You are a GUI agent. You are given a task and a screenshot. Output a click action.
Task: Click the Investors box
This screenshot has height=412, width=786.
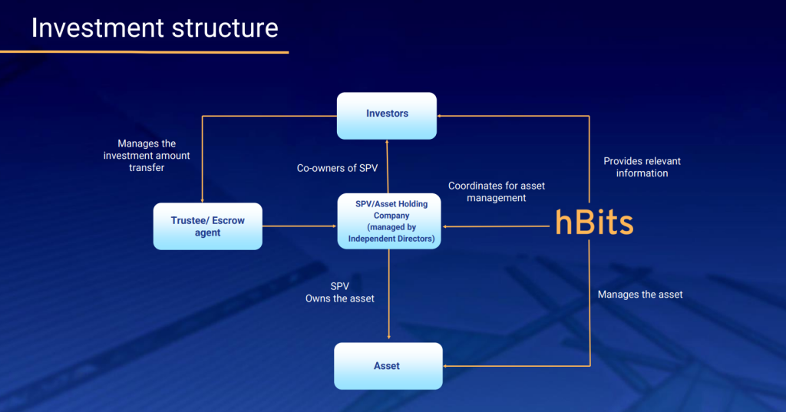coord(387,114)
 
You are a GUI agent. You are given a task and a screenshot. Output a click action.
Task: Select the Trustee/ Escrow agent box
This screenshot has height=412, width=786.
coord(207,226)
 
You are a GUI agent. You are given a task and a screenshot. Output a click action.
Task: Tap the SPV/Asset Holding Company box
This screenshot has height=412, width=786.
coord(390,222)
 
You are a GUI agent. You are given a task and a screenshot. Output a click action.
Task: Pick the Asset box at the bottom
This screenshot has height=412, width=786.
coord(388,366)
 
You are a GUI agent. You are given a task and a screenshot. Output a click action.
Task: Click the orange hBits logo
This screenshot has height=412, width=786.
coord(594,222)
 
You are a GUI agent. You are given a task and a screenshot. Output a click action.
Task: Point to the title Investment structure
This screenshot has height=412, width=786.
coord(154,28)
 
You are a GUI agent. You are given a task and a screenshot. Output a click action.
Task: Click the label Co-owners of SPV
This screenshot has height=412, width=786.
coord(337,168)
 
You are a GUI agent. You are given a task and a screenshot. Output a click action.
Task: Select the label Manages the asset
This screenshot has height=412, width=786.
coord(639,295)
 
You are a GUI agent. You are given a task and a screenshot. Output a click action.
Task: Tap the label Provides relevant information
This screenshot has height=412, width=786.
coord(642,167)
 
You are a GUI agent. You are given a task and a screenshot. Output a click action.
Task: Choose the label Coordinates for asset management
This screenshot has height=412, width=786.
coord(497,192)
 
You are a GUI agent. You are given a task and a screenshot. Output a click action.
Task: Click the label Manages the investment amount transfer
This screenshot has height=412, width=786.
coord(147,155)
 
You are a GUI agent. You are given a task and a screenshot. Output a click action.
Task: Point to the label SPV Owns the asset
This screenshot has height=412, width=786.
coord(340,292)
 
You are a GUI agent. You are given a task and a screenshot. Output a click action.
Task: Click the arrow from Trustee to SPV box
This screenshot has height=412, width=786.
coord(299,226)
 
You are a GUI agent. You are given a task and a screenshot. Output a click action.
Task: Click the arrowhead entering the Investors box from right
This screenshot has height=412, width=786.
coord(441,115)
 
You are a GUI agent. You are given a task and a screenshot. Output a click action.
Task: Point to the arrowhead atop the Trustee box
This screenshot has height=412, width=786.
coord(202,199)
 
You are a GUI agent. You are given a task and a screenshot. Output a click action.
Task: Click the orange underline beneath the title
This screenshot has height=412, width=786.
coord(144,52)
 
